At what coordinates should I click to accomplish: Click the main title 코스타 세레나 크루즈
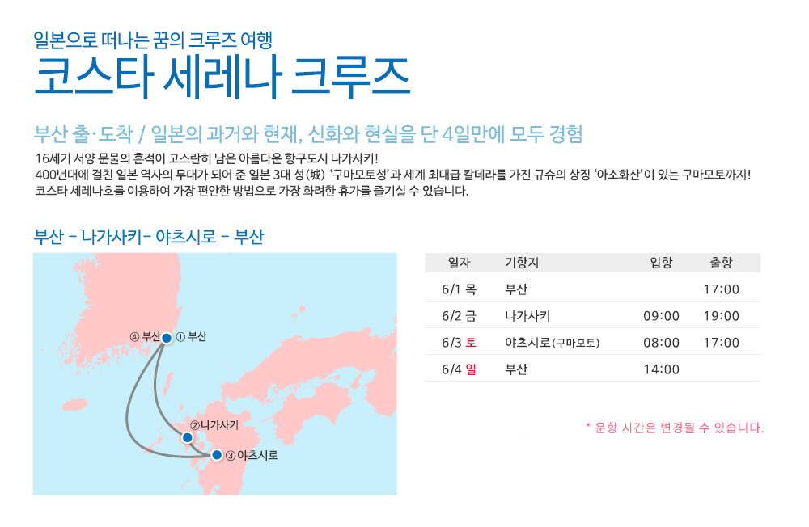[222, 78]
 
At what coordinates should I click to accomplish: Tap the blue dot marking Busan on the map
[167, 339]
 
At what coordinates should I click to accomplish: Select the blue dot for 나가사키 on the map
[188, 438]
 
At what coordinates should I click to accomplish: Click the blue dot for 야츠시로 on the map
[217, 455]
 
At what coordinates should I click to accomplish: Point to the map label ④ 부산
[145, 337]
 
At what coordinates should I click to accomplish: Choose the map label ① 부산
[192, 337]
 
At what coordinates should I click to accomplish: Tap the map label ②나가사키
[214, 425]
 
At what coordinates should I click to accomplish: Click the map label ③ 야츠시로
[252, 455]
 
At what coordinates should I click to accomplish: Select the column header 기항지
[522, 263]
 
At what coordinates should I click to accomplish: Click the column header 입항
[661, 263]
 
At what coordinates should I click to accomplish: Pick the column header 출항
[722, 263]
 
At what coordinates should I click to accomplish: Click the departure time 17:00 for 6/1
[722, 289]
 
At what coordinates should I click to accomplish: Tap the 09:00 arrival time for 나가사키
[661, 316]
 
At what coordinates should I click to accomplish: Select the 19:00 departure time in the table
[722, 316]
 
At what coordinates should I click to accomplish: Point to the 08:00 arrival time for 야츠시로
[661, 343]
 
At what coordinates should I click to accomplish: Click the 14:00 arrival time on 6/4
[661, 369]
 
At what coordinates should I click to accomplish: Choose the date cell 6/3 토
[459, 343]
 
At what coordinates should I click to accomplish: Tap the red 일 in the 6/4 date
[471, 369]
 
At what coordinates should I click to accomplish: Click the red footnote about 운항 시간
[675, 428]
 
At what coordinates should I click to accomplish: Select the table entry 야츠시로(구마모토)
[552, 343]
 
